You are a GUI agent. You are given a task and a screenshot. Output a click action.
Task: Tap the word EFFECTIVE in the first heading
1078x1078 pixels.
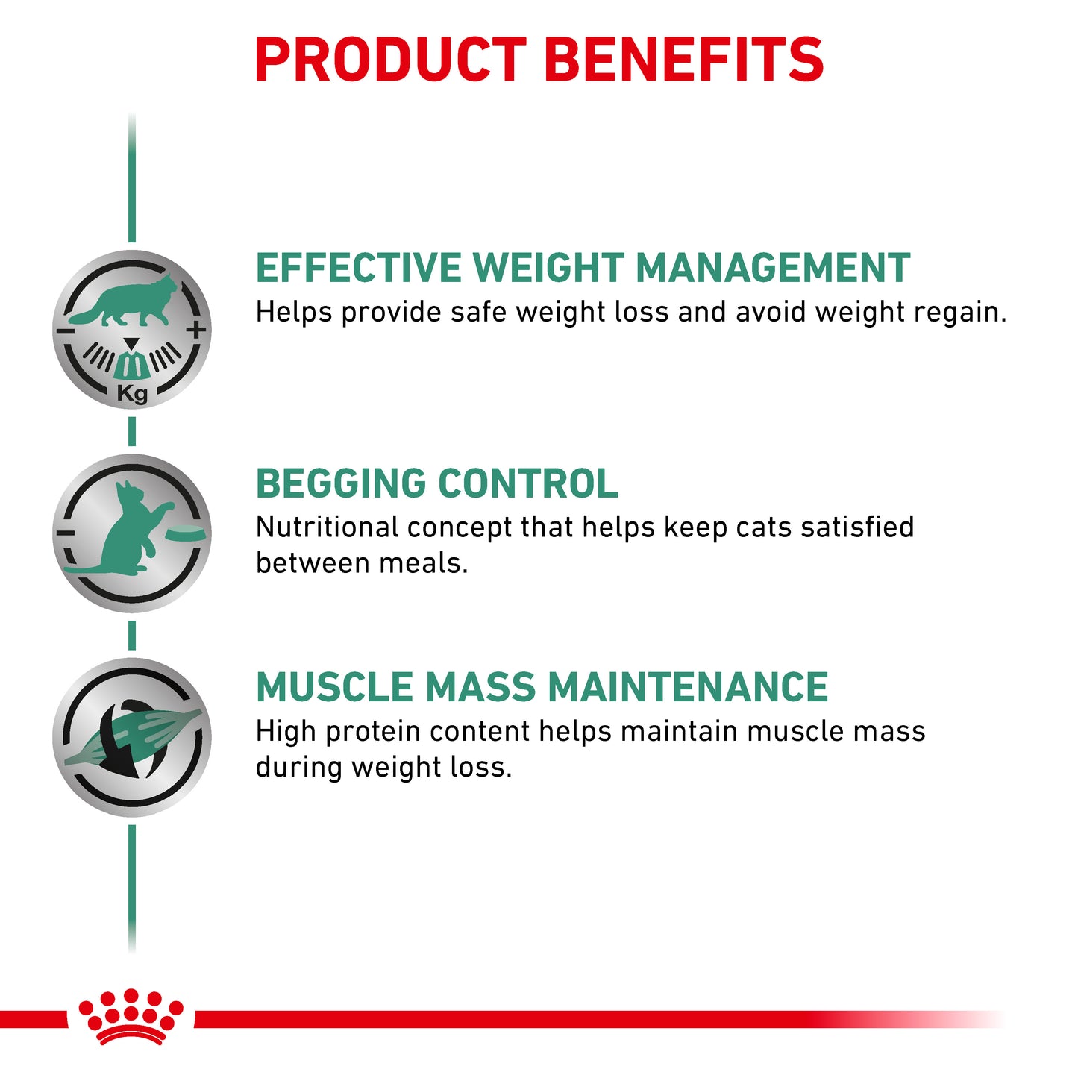coord(359,269)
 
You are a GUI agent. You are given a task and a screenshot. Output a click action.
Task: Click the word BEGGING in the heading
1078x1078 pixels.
coord(340,483)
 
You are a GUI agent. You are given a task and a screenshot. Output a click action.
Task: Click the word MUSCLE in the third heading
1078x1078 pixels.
coord(334,687)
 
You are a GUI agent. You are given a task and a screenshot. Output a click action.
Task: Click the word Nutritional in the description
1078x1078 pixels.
coord(327,527)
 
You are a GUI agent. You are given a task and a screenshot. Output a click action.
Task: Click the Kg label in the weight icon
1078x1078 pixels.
coord(132,393)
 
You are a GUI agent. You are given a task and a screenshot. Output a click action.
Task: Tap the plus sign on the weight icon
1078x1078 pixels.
coord(196,329)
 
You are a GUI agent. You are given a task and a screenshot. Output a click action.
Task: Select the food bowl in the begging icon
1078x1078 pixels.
coord(184,533)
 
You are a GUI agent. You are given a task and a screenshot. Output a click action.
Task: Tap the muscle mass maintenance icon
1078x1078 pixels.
coord(132,737)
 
